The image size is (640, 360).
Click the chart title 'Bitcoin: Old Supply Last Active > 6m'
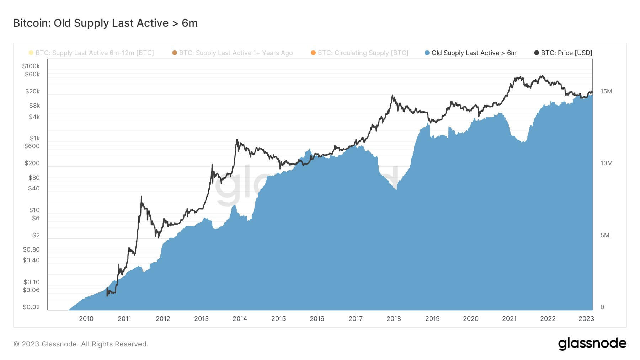[x=105, y=23]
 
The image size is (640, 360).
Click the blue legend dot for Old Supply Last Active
[x=427, y=53]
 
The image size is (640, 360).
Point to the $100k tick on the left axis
[x=31, y=66]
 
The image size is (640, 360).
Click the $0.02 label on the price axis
[x=31, y=307]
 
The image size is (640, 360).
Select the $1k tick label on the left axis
[x=34, y=138]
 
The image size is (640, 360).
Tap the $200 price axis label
[x=32, y=163]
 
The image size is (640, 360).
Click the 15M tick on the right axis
[x=606, y=91]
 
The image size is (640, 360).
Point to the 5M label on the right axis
[x=605, y=235]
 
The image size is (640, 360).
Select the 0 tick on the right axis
[x=602, y=307]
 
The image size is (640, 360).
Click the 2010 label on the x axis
[x=86, y=319]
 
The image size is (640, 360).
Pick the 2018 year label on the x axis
[x=394, y=319]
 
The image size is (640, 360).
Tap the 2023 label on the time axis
[x=586, y=319]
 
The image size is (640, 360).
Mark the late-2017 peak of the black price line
[x=393, y=95]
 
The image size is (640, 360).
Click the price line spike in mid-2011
[x=141, y=197]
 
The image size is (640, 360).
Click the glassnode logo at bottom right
[x=592, y=344]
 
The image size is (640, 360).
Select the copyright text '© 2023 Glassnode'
[x=81, y=344]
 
